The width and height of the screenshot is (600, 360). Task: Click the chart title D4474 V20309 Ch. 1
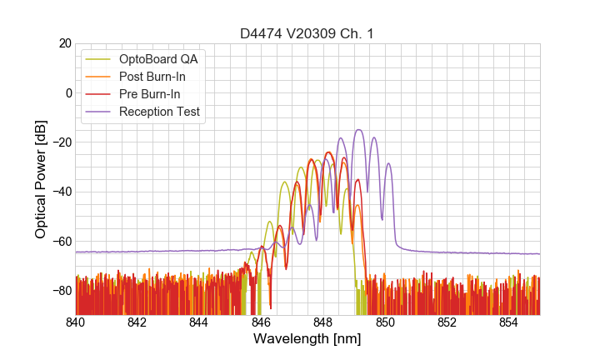point(307,33)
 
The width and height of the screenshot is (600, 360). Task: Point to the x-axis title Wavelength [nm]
point(307,340)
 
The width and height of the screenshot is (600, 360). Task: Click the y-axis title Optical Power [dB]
point(41,179)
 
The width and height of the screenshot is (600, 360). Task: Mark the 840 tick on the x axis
point(76,322)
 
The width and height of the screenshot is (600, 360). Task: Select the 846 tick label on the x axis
point(261,322)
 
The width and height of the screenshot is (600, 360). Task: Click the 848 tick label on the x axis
point(323,322)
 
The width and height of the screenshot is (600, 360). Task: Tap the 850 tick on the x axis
point(385,322)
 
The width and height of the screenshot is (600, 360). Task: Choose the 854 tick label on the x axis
point(508,322)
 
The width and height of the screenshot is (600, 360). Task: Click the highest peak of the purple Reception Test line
point(358,130)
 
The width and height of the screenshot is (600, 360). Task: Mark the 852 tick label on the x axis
point(447,322)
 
